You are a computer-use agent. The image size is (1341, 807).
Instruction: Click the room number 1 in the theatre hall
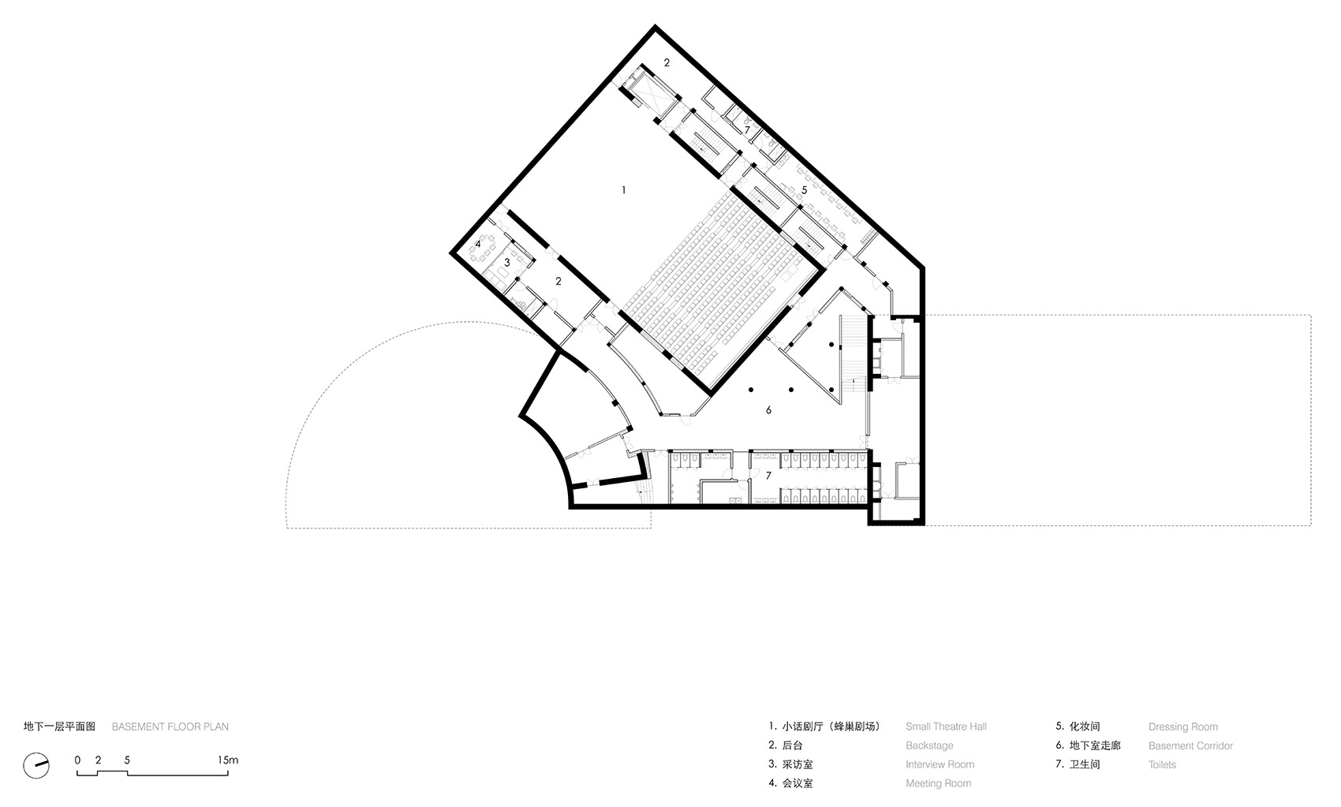click(x=624, y=190)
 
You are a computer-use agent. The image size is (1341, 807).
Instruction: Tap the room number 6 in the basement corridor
click(x=768, y=410)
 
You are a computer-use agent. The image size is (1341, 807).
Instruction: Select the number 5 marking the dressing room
click(x=804, y=190)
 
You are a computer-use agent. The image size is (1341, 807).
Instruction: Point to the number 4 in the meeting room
click(x=478, y=245)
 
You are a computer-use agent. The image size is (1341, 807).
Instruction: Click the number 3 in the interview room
click(x=507, y=262)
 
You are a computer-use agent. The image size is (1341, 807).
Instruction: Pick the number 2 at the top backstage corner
click(x=667, y=62)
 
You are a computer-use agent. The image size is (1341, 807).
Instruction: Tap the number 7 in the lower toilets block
click(x=768, y=476)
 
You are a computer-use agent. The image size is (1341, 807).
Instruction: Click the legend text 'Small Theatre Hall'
click(x=946, y=727)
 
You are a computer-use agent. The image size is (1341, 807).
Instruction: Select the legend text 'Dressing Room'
click(x=1182, y=727)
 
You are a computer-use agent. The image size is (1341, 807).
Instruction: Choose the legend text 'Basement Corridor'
click(x=1190, y=745)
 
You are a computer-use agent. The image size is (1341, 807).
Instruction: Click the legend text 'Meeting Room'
click(x=938, y=783)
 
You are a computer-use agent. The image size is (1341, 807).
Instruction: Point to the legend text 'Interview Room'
click(x=939, y=764)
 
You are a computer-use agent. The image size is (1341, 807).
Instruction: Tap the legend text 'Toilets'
click(x=1162, y=764)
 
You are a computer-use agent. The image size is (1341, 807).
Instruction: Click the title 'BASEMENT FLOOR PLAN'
click(x=170, y=727)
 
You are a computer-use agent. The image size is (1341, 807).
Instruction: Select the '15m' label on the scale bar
click(x=227, y=760)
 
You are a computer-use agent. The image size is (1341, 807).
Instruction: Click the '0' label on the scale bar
click(x=77, y=760)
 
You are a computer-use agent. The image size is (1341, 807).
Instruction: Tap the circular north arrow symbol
click(x=36, y=765)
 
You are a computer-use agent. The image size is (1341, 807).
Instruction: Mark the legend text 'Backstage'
click(x=929, y=745)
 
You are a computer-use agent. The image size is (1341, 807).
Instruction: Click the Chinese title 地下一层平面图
click(x=59, y=727)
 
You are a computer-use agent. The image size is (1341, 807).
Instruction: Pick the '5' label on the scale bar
click(x=127, y=760)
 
